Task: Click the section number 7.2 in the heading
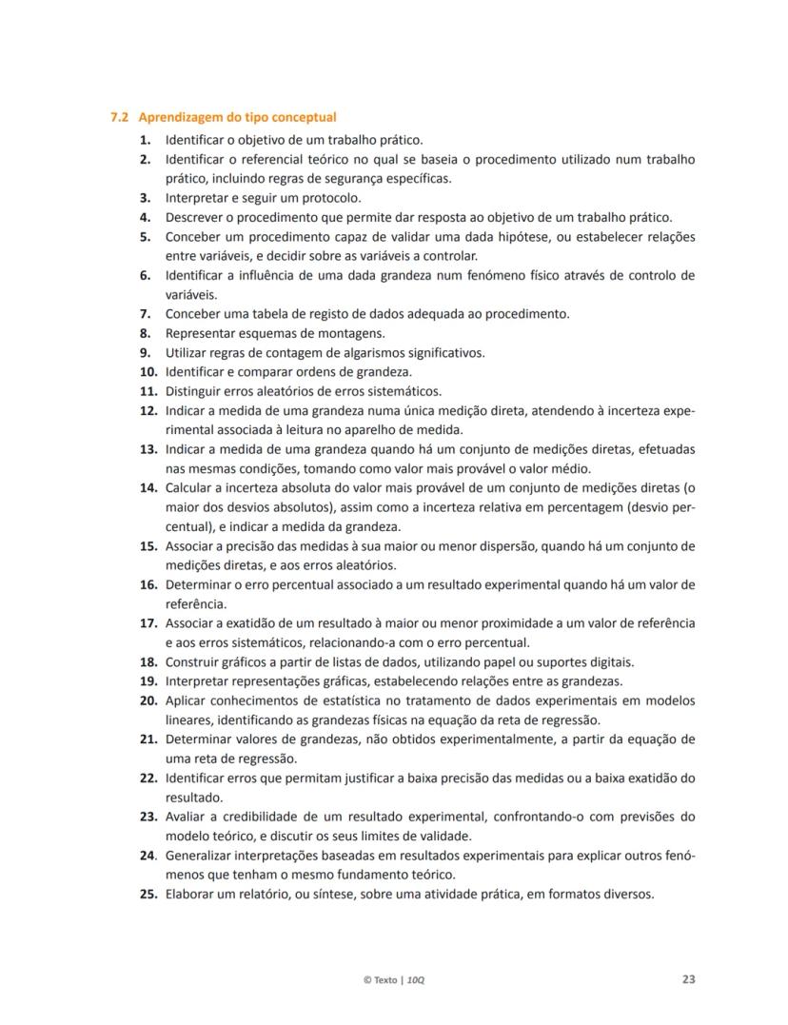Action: click(119, 118)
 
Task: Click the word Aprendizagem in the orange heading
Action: click(179, 118)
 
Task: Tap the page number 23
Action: click(688, 978)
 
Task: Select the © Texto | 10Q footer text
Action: click(394, 979)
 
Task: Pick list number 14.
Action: click(147, 487)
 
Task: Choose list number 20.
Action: click(147, 700)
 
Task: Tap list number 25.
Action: click(147, 894)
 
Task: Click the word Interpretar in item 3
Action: click(196, 198)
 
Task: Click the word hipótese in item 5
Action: click(524, 237)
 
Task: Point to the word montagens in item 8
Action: click(356, 333)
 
